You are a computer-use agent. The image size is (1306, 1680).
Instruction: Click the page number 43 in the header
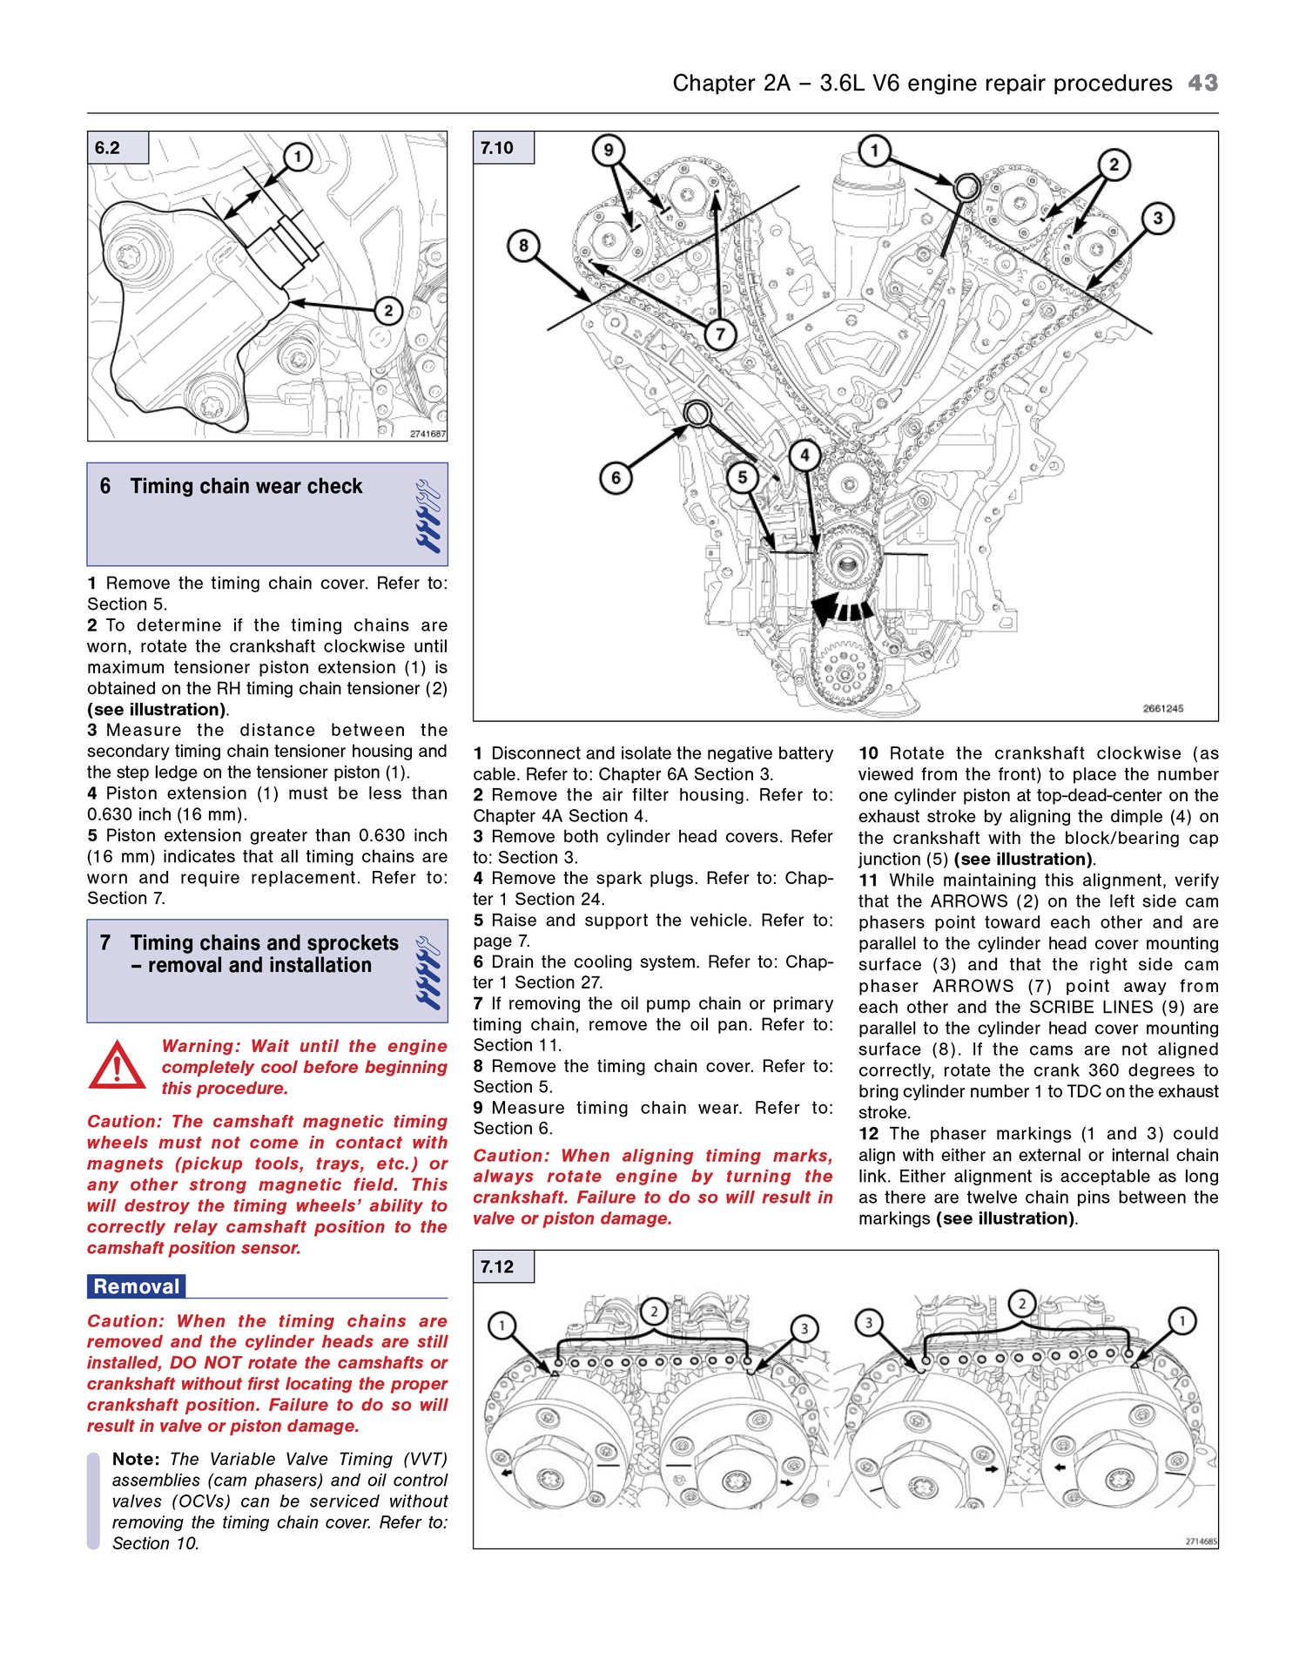(x=1202, y=83)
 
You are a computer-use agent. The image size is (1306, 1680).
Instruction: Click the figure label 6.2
(x=108, y=148)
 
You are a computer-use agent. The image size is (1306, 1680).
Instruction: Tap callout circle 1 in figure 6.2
(x=298, y=157)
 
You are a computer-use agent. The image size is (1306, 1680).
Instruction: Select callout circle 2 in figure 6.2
(x=388, y=311)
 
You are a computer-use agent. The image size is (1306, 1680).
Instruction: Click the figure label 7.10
(x=497, y=148)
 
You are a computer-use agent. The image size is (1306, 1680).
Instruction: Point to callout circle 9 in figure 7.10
(x=608, y=150)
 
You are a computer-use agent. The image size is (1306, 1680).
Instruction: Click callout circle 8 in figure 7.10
(x=523, y=246)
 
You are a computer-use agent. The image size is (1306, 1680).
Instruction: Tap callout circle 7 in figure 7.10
(x=720, y=334)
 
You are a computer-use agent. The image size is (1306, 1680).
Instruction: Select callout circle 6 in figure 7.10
(x=616, y=477)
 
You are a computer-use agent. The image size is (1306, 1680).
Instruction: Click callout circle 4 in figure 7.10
(x=804, y=455)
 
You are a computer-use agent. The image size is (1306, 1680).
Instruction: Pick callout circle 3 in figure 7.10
(x=1157, y=218)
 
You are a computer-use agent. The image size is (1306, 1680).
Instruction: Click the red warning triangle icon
(x=117, y=1066)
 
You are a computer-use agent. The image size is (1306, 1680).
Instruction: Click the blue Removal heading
(x=136, y=1286)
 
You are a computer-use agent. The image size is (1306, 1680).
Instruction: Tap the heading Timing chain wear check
(x=246, y=487)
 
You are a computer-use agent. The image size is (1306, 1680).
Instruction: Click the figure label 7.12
(x=497, y=1267)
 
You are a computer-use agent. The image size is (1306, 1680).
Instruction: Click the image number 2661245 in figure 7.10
(x=1162, y=708)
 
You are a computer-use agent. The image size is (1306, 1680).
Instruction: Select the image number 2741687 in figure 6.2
(x=427, y=434)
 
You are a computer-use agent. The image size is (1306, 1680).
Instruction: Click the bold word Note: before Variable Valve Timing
(x=136, y=1460)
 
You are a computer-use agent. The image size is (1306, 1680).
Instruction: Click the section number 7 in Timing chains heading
(x=105, y=943)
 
